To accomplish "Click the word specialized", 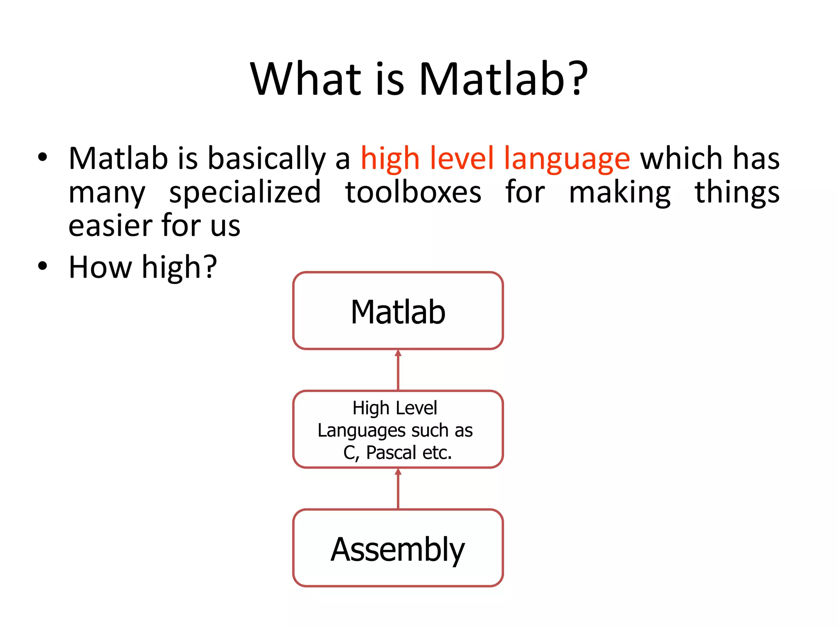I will [245, 193].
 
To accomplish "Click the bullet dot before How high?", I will [43, 266].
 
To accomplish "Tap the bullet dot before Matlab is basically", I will [43, 157].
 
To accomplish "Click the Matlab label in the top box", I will [398, 312].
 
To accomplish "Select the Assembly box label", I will [398, 550].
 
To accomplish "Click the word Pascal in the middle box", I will [391, 453].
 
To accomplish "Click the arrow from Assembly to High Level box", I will [398, 489].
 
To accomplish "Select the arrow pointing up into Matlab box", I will [398, 370].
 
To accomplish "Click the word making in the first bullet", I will [619, 193].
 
